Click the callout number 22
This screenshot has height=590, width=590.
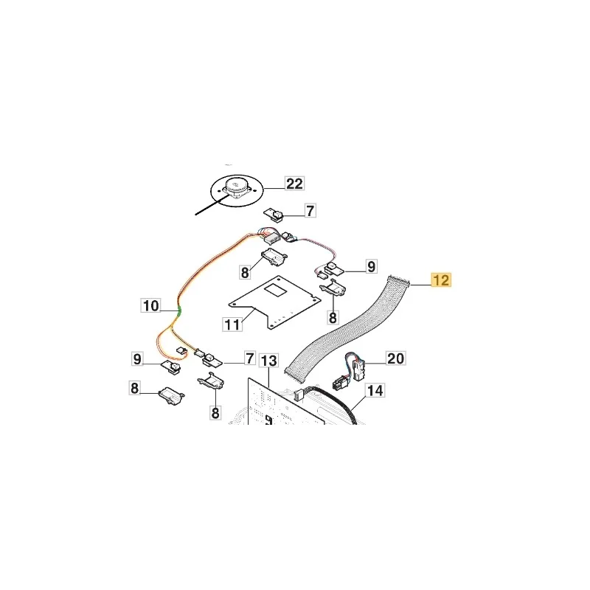click(294, 184)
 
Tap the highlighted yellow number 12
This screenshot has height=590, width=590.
click(441, 280)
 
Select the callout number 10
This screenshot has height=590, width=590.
click(151, 305)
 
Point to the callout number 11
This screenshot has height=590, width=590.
click(232, 324)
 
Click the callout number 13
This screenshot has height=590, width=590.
click(268, 361)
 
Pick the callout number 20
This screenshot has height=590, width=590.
click(395, 358)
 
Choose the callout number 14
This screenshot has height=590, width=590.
click(375, 390)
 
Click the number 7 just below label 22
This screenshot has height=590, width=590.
click(310, 211)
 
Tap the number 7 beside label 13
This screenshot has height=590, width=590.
click(250, 358)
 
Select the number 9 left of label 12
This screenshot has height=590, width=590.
click(372, 266)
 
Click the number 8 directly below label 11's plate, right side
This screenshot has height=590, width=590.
click(333, 317)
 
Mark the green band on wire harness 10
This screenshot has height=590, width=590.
click(179, 310)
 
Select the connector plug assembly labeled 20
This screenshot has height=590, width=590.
click(350, 371)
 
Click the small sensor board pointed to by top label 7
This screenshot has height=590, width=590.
click(275, 215)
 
